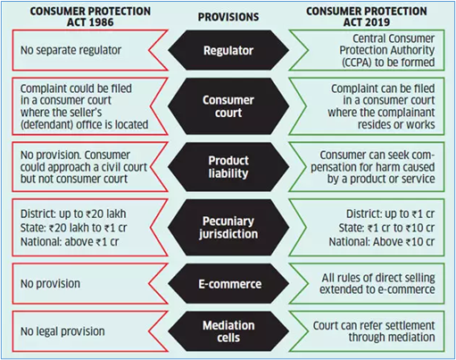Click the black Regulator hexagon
click(x=228, y=50)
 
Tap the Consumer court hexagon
click(x=228, y=106)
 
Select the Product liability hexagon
click(x=228, y=167)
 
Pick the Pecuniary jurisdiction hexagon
click(x=228, y=228)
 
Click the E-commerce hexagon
click(x=228, y=284)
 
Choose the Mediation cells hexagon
click(x=228, y=331)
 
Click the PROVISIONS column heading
click(x=228, y=17)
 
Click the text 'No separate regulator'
click(x=70, y=50)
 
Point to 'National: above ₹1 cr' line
click(x=70, y=241)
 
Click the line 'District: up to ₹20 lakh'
click(x=73, y=213)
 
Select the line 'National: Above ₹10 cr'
click(x=382, y=241)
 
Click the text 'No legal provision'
click(x=62, y=331)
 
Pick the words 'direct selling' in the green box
click(x=405, y=278)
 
